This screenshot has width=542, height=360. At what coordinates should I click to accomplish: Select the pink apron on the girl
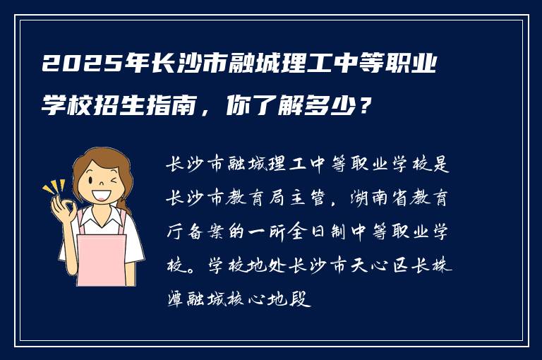point(101,258)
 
